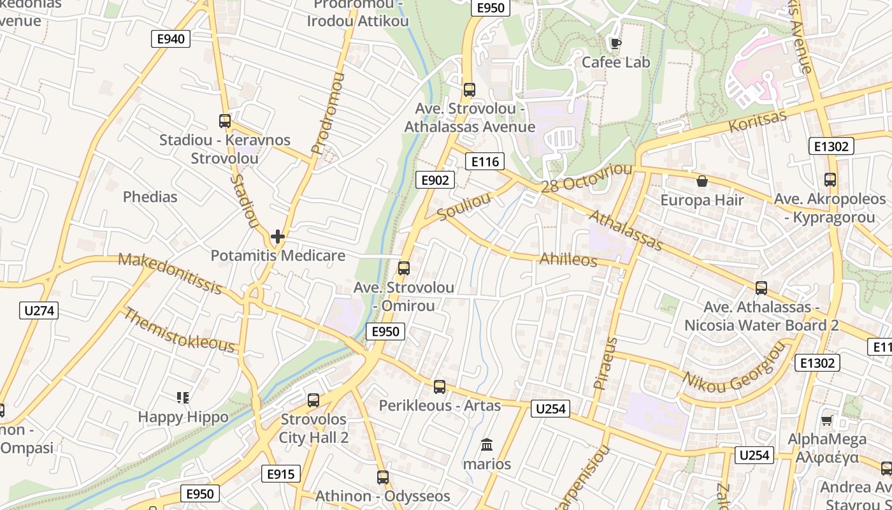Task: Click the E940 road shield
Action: (x=171, y=39)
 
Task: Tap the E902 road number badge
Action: (x=435, y=180)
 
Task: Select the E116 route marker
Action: (x=485, y=162)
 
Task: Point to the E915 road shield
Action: (x=280, y=474)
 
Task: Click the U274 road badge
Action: (x=40, y=311)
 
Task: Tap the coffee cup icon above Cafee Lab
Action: (x=615, y=43)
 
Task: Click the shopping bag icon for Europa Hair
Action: (x=702, y=182)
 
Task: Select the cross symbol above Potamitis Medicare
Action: (x=278, y=237)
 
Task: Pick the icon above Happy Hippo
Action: (x=183, y=398)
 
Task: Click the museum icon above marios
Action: (x=487, y=445)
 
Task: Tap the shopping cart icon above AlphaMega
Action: (x=826, y=420)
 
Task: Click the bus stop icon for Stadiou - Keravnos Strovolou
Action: (x=225, y=121)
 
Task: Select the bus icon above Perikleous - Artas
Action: (x=440, y=387)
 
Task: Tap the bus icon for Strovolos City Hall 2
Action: (x=313, y=400)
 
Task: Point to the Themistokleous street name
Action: (x=178, y=330)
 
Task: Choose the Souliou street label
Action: (x=464, y=207)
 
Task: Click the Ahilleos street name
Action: (x=568, y=260)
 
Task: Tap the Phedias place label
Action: (x=150, y=196)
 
